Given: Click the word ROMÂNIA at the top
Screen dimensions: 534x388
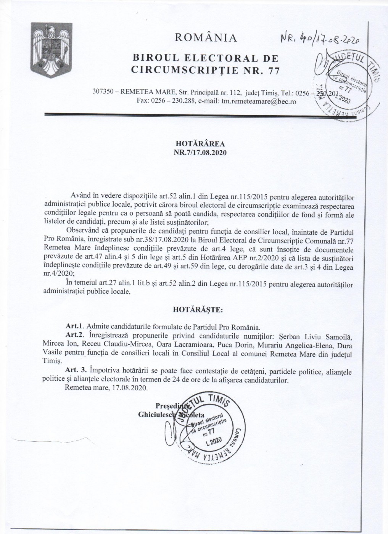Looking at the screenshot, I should click(x=206, y=37).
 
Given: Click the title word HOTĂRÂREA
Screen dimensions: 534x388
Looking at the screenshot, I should click(x=200, y=144).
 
